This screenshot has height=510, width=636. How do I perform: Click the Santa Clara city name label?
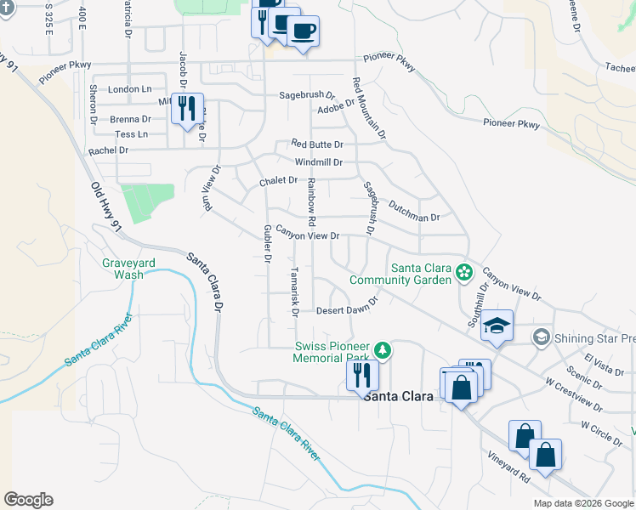tap(398, 396)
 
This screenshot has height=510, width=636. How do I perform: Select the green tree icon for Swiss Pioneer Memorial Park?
tap(383, 348)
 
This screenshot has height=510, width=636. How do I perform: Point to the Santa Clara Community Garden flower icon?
tap(464, 273)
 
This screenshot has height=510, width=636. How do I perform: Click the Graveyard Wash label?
tap(128, 269)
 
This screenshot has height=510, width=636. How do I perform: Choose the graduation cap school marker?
tap(497, 326)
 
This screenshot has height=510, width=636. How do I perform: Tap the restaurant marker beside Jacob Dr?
tap(187, 109)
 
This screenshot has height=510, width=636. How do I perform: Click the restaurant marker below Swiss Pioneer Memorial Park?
tap(362, 373)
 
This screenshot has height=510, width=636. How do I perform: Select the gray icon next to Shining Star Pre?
tap(540, 337)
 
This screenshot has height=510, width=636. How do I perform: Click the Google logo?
tap(28, 500)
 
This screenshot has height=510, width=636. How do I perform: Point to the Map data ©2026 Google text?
tap(584, 503)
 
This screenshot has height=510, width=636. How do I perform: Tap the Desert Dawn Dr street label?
tap(346, 310)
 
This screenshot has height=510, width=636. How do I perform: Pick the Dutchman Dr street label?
tap(414, 211)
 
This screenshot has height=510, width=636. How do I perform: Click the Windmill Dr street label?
tap(319, 162)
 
